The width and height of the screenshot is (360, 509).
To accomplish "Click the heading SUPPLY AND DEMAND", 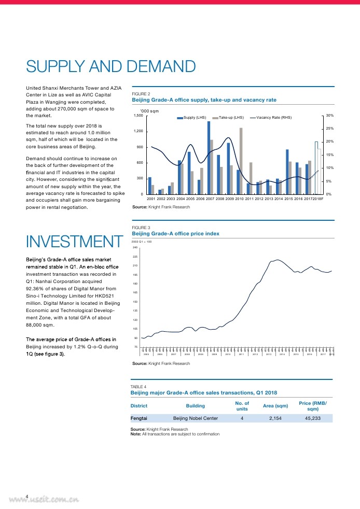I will [110, 67].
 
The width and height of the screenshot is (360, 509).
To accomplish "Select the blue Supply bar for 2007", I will [209, 158].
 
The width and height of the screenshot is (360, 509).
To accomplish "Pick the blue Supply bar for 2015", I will [287, 172].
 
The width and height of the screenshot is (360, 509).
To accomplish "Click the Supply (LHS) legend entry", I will [195, 118].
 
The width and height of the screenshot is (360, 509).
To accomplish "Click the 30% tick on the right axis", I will [330, 116].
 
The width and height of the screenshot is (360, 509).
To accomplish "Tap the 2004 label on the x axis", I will [180, 199].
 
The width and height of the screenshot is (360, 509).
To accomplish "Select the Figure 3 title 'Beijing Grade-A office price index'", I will [176, 234].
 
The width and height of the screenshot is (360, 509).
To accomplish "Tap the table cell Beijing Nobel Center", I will [195, 418].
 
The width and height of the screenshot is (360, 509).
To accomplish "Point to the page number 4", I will [27, 496].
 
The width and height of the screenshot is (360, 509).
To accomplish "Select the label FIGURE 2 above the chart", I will [141, 94].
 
